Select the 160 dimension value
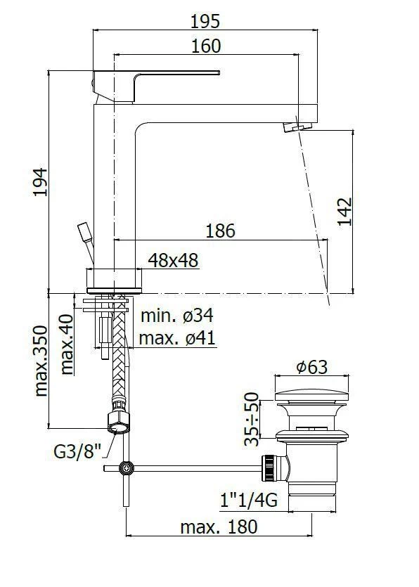click(205, 46)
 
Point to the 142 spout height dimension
click(344, 211)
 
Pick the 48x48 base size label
click(173, 260)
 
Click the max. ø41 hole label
click(176, 338)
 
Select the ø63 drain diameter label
click(311, 366)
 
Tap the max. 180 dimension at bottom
click(219, 526)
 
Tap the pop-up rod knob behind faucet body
click(84, 232)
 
